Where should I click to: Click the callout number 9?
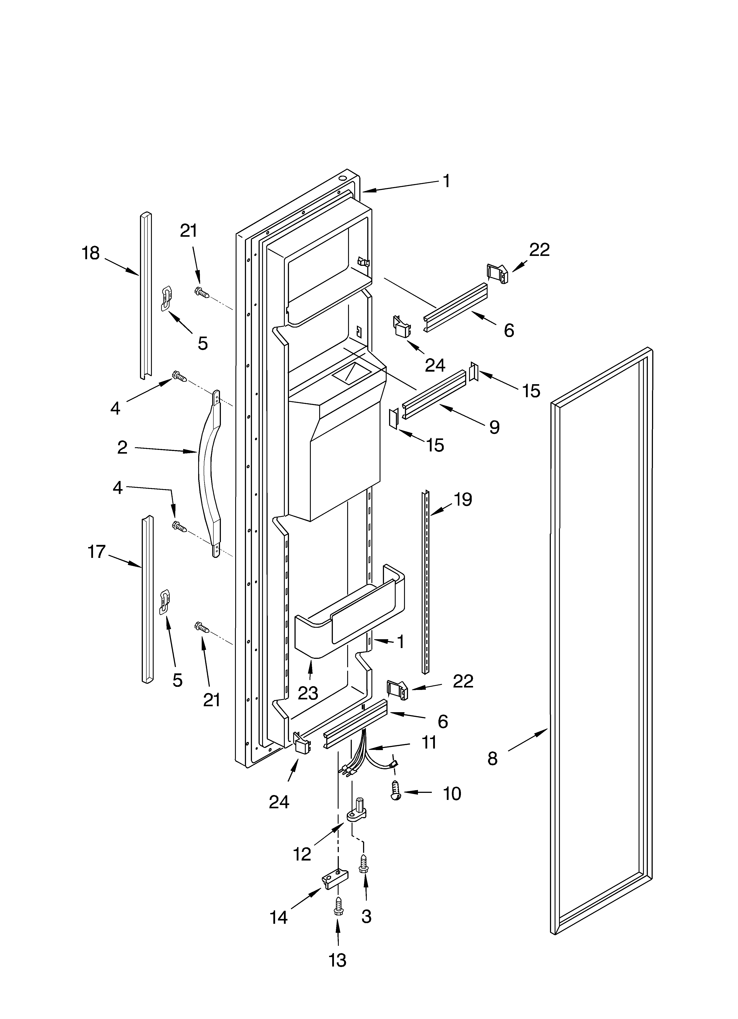tap(494, 427)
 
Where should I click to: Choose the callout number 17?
tap(96, 552)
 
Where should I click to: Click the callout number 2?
tap(122, 447)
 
